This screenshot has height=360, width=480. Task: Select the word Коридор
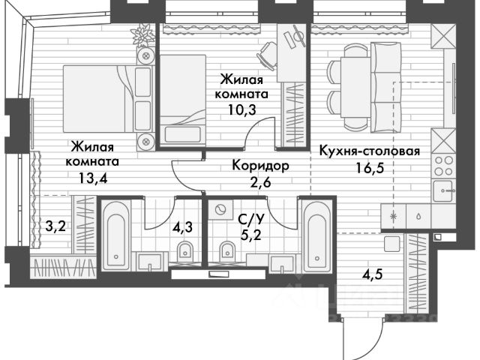click(260, 165)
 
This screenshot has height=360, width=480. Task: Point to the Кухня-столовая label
click(369, 150)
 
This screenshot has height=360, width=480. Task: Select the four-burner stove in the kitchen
click(443, 165)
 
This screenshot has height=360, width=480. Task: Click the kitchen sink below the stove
click(444, 190)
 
